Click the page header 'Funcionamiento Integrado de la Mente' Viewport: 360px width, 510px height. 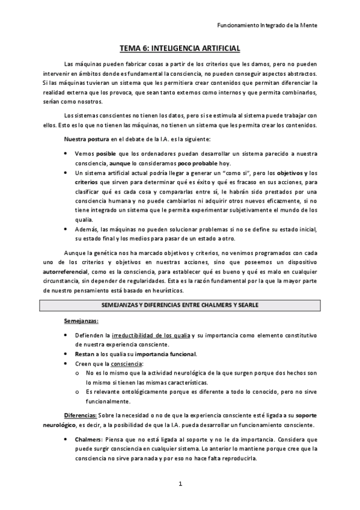[x=266, y=25]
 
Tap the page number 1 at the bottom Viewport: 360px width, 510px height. [x=180, y=484]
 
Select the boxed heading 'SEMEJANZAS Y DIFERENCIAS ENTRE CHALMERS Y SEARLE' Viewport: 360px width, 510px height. [x=180, y=305]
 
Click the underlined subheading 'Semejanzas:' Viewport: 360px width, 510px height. [x=81, y=321]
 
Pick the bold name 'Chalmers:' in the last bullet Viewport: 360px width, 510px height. [x=89, y=439]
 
